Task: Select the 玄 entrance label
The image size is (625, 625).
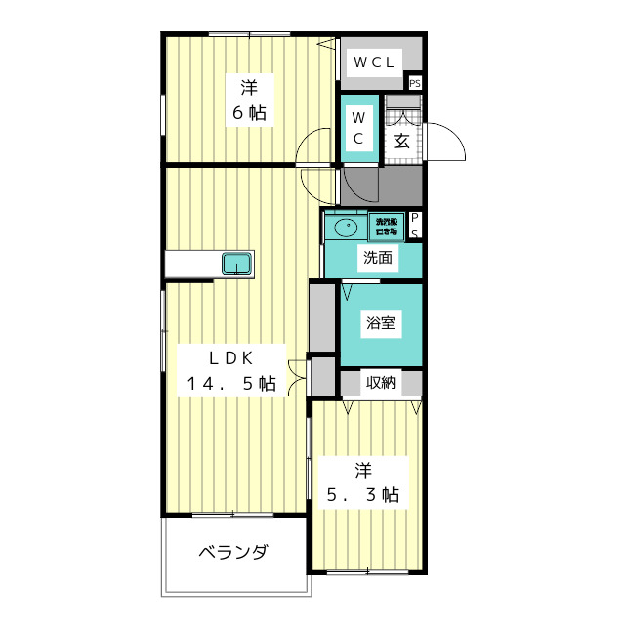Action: (x=401, y=140)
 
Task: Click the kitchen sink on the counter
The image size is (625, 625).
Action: (x=236, y=264)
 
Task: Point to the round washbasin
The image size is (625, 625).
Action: (x=345, y=229)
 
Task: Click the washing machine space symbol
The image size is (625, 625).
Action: (x=387, y=227)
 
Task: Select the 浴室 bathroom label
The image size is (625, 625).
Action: (x=380, y=324)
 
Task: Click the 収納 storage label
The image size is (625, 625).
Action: (x=381, y=382)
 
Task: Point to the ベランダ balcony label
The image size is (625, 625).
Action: (x=233, y=553)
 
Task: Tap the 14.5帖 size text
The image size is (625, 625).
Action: (x=231, y=384)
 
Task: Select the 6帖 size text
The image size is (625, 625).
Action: (x=248, y=112)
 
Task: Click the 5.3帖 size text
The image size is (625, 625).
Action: (x=362, y=494)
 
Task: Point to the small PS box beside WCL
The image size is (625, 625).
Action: (x=415, y=83)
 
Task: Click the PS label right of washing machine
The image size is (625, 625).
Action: (x=415, y=226)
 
